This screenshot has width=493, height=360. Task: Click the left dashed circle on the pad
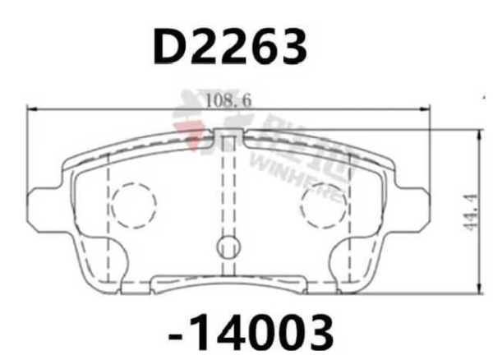point(133,205)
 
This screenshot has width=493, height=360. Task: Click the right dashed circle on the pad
point(322,205)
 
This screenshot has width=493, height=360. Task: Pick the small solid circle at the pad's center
point(228,246)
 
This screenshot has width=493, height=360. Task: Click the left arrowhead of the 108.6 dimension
point(33,108)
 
